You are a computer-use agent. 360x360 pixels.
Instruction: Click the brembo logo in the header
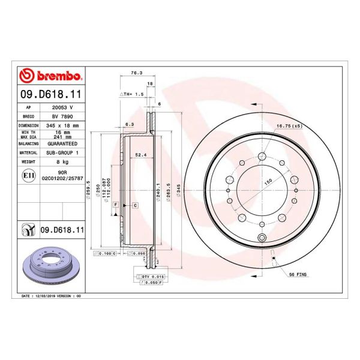pos(50,76)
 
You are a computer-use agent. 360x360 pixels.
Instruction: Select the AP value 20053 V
pos(63,106)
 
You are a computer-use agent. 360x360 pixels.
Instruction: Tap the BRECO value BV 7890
pos(62,115)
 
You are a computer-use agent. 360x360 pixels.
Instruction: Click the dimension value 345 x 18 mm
pos(63,125)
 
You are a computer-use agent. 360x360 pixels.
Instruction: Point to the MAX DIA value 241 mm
pos(63,137)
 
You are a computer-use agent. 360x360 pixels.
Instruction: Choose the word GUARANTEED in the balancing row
pos(63,145)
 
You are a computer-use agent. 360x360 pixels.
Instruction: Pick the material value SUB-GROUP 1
pos(63,153)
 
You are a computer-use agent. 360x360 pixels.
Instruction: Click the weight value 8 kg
pos(63,162)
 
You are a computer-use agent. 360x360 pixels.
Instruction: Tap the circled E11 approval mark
pos(28,175)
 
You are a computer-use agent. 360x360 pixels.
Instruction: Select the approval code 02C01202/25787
pos(63,179)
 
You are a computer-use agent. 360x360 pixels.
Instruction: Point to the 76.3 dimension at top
pos(136,74)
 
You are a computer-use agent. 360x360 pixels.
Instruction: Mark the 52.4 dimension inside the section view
pos(141,154)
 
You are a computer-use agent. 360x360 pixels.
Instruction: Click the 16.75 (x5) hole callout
pos(289,126)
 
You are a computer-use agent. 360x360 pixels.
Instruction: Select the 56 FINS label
pos(298,274)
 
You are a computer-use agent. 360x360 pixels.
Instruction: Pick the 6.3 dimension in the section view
pos(129,124)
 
